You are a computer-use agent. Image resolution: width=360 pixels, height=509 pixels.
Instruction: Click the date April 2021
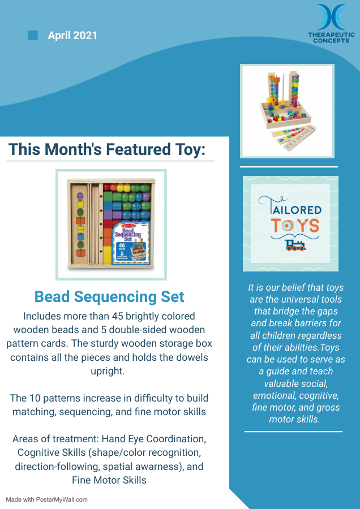(72, 36)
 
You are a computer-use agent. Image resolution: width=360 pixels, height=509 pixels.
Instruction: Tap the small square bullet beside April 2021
(33, 35)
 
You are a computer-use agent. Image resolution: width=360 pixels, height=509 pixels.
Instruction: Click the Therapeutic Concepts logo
(331, 24)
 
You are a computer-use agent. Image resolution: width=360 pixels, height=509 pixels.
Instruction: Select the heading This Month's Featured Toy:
(107, 149)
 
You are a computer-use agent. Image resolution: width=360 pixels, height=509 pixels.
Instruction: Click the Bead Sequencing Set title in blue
(109, 296)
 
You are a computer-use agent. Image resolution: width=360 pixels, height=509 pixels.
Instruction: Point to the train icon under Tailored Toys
(295, 245)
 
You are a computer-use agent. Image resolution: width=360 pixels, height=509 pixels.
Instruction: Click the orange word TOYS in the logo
(295, 225)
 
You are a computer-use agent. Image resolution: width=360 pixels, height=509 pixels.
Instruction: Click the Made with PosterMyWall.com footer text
(46, 499)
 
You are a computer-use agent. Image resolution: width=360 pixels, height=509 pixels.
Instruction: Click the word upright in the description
(108, 370)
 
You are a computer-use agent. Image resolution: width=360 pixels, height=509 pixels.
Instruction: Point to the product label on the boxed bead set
(131, 243)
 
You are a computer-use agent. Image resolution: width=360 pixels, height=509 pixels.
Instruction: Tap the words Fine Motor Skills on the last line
(109, 480)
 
